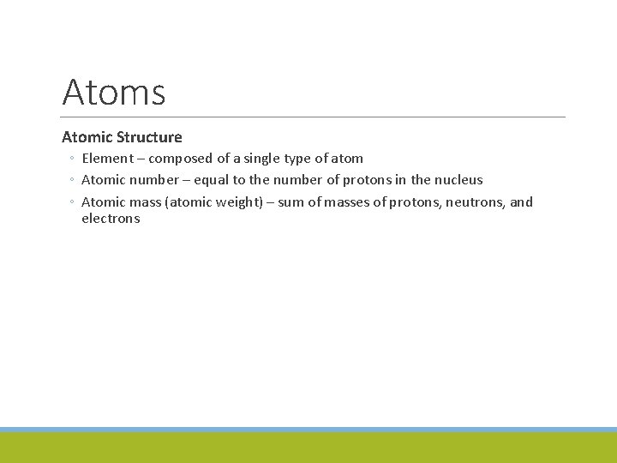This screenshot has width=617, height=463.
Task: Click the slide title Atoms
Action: [114, 92]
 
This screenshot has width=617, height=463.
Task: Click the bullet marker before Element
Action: [74, 159]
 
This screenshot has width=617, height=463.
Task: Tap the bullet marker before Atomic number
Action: [74, 180]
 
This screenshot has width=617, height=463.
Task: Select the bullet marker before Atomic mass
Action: [74, 202]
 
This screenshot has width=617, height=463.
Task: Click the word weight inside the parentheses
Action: [241, 202]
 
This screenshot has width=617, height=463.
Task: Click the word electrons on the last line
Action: [111, 219]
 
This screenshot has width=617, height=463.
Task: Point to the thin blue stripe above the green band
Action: [308, 430]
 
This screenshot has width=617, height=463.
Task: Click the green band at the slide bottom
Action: [308, 448]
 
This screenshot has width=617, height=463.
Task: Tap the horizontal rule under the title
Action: [314, 117]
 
